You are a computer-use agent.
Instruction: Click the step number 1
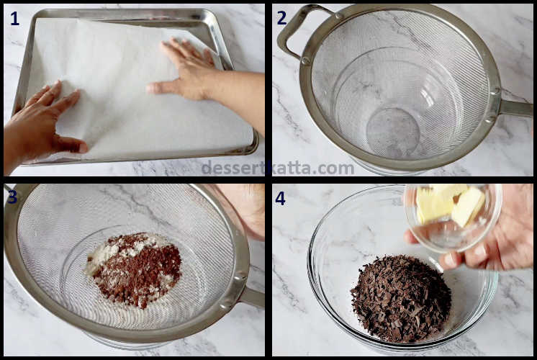pyautogui.click(x=14, y=19)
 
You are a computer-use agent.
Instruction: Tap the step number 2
pyautogui.click(x=282, y=19)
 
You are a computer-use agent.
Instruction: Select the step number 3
pyautogui.click(x=12, y=197)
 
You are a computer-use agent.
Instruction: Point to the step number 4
pyautogui.click(x=281, y=198)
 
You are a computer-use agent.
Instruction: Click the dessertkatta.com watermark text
pyautogui.click(x=277, y=168)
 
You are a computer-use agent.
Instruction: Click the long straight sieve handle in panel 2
pyautogui.click(x=515, y=108)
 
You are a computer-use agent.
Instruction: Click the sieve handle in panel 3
pyautogui.click(x=251, y=296)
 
